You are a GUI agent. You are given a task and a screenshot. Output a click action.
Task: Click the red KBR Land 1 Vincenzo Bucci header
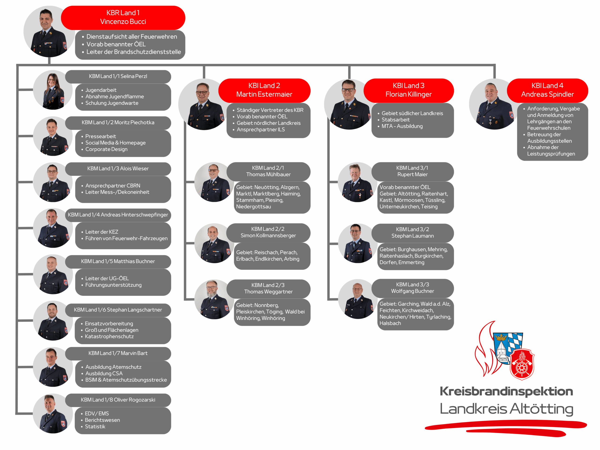pos(123,18)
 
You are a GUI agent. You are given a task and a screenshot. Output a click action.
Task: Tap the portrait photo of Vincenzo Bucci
pos(49,31)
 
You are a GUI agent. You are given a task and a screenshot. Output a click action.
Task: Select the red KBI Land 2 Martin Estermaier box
pos(264,90)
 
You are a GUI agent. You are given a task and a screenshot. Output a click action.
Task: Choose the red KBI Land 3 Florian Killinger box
pos(409,90)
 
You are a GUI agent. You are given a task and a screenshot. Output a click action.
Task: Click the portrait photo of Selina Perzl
pos(53,90)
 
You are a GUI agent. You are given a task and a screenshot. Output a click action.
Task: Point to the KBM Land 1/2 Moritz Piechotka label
pos(118,123)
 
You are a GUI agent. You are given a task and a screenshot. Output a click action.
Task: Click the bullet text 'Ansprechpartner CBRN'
pos(113,186)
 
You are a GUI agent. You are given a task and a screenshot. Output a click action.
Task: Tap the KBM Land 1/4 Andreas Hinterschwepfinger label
pos(118,215)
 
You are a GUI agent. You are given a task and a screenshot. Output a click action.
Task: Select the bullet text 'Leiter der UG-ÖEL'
pos(107,278)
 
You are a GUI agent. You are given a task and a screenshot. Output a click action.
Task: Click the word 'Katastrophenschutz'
pos(109,336)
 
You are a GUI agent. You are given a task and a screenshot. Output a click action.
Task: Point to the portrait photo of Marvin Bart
pos(53,367)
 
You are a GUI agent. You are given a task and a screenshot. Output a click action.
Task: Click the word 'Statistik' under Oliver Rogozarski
pos(95,426)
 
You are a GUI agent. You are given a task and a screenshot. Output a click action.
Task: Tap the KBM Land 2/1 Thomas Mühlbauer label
pos(268,171)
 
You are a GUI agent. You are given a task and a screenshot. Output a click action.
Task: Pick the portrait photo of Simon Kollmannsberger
pos(214,243)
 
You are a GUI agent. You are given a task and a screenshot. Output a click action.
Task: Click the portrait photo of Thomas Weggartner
pos(214,300)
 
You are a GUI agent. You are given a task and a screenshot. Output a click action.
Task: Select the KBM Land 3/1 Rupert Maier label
pos(412,171)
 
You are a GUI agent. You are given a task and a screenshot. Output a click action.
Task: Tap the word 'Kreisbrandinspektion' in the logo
pos(506,391)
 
